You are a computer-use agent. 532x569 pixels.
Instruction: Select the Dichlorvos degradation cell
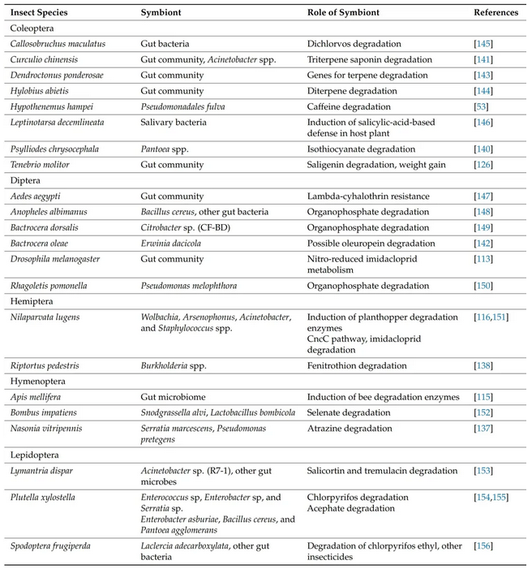click(x=354, y=43)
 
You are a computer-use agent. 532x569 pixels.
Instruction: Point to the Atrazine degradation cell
click(x=348, y=428)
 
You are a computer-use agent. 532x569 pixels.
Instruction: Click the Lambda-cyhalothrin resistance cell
click(x=362, y=196)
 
